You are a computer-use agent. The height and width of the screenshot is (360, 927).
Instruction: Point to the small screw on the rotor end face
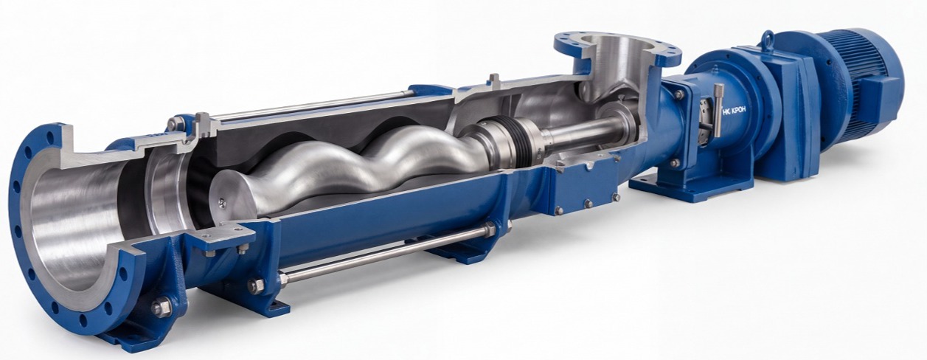click(222, 202)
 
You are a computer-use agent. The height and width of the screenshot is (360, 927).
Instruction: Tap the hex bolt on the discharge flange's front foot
click(162, 308)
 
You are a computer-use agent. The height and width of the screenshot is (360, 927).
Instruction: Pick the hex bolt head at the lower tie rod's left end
click(256, 285)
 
